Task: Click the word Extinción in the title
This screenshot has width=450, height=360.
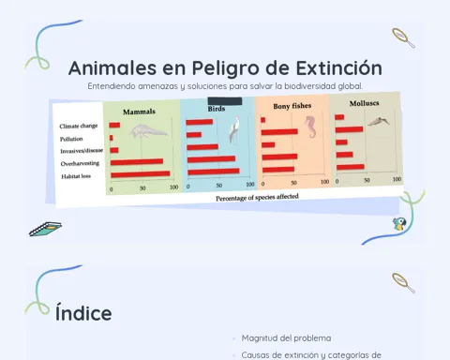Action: point(339,68)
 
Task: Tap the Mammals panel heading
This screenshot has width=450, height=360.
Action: point(139,112)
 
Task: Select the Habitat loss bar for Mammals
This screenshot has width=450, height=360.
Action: point(141,174)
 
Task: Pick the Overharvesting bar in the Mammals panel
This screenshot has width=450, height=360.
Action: point(137,161)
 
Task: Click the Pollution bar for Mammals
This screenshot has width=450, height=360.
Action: point(112,138)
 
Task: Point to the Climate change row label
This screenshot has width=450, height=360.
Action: point(79,126)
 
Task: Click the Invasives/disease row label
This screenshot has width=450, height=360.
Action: point(82,151)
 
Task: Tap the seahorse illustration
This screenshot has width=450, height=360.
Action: point(310,127)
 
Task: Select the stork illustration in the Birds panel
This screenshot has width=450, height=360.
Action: point(234,130)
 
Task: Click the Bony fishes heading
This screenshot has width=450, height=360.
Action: point(292,106)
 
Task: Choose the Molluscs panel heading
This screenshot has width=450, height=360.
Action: point(364,103)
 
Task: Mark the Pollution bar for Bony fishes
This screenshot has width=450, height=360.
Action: point(279,132)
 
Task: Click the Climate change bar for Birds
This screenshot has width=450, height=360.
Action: point(199,122)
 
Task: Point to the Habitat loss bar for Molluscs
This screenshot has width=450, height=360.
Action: point(351,167)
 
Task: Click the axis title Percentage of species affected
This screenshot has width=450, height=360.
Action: point(257,197)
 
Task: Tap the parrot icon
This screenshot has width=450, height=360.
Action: point(399,224)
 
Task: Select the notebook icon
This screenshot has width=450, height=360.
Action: point(45,229)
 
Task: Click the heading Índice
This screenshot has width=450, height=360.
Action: point(83,313)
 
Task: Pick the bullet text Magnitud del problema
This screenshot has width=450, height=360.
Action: point(286,338)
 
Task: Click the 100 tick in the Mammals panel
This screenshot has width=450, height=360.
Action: point(174,187)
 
